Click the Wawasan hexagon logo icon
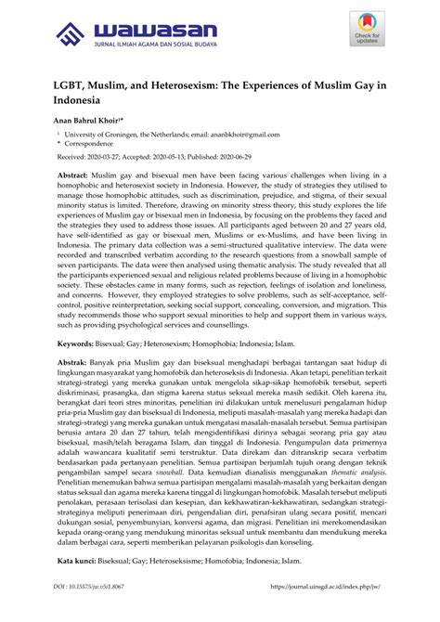pos(71,35)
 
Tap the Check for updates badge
pos(367,31)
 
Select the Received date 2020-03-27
pos(117,159)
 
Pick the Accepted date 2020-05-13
pos(193,159)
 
